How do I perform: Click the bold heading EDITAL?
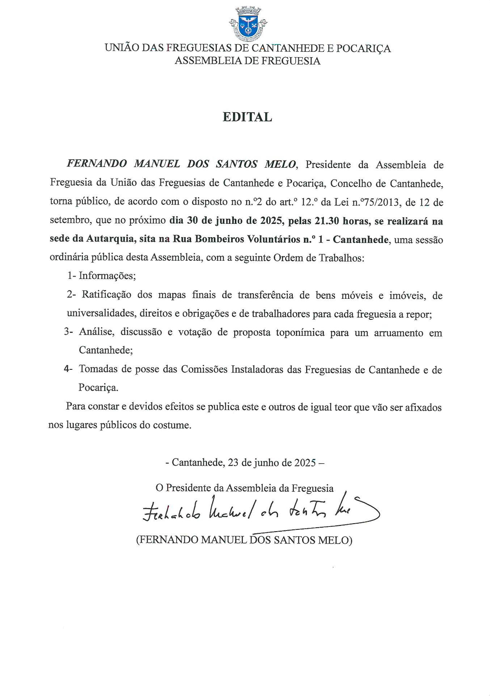(x=247, y=117)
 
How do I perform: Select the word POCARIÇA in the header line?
(x=363, y=48)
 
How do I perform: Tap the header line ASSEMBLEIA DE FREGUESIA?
(x=248, y=61)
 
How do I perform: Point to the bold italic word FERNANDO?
(x=97, y=164)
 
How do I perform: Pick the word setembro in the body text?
(x=70, y=220)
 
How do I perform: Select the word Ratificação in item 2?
(x=106, y=294)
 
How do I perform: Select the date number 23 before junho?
(x=233, y=462)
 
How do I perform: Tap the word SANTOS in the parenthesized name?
(x=294, y=540)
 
